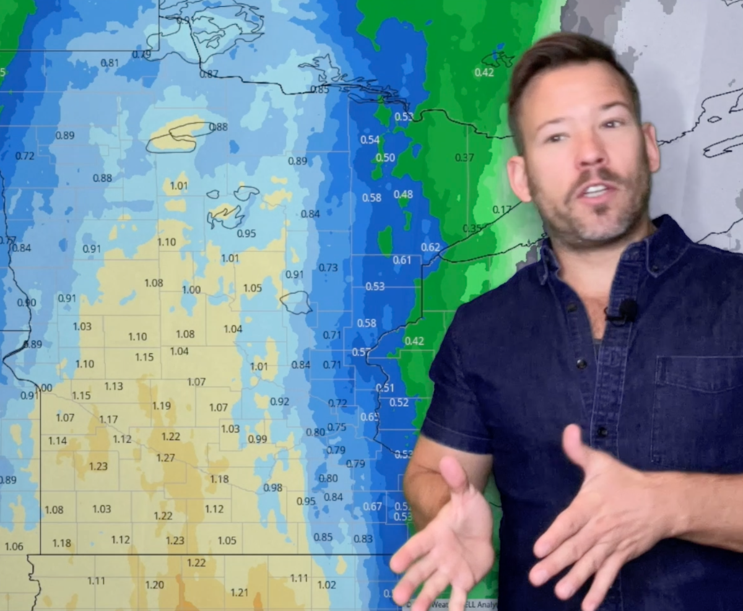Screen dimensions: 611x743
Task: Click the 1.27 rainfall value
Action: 165,457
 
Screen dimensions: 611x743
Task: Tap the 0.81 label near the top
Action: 110,63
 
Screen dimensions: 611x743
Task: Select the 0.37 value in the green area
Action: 464,157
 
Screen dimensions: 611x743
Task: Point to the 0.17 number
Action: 502,209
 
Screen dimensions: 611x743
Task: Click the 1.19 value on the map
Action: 161,405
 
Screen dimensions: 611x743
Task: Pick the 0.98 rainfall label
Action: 272,487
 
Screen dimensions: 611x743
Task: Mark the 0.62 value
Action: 430,247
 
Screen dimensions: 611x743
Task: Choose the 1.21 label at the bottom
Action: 239,592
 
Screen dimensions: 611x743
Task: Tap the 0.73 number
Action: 328,267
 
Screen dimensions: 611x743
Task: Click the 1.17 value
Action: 108,419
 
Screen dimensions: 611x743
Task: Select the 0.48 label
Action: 403,194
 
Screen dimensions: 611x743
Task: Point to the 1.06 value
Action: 14,546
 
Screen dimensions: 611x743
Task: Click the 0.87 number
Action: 209,74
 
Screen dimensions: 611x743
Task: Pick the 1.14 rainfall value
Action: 58,441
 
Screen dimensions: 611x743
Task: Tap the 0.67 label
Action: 372,506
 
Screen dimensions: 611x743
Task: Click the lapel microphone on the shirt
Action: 627,311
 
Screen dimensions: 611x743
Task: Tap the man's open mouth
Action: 596,190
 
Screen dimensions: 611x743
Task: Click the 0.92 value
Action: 279,401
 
